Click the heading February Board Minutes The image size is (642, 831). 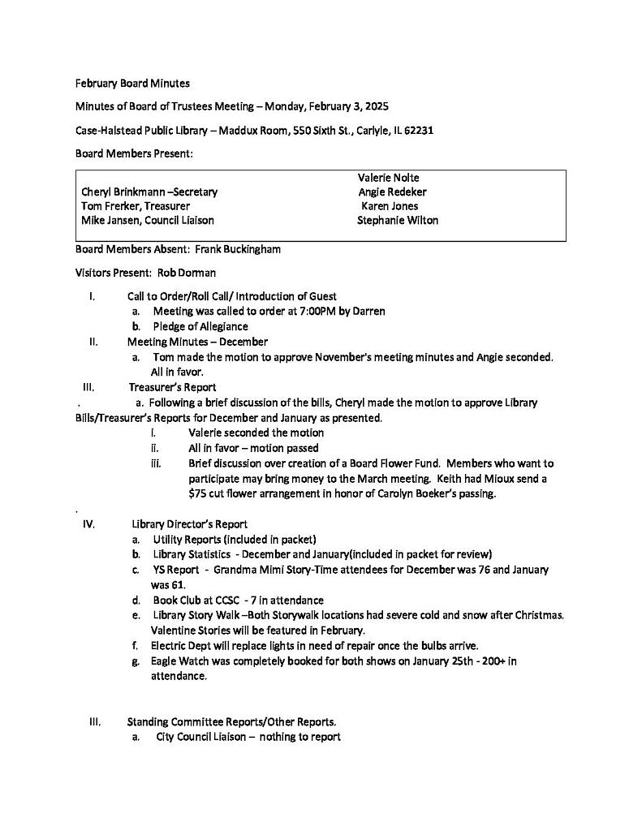(x=132, y=83)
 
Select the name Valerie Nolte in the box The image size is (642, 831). (x=388, y=178)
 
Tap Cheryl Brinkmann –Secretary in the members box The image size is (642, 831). (x=149, y=192)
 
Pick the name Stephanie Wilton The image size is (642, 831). (x=397, y=220)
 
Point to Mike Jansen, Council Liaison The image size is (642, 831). (x=148, y=220)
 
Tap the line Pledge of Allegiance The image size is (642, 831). (x=200, y=326)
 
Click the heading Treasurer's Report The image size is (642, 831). (x=172, y=387)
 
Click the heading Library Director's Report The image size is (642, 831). (x=189, y=524)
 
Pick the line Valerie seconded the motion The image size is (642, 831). (x=256, y=433)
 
